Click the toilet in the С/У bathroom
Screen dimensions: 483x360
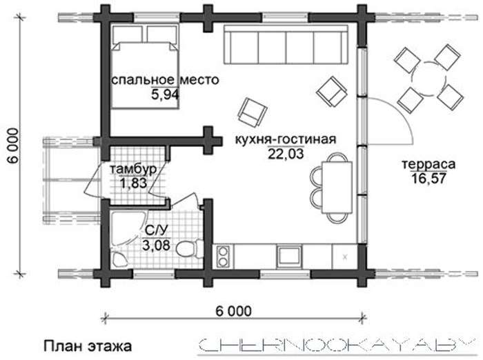(187, 248)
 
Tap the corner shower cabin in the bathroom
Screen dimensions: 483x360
(126, 228)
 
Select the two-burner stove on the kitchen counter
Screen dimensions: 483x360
(223, 257)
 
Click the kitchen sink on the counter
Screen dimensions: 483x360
(289, 257)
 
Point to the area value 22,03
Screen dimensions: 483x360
(286, 154)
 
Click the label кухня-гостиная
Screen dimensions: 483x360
(286, 139)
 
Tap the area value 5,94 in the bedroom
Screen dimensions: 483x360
(165, 94)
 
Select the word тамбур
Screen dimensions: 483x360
(133, 170)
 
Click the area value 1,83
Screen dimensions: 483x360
(133, 183)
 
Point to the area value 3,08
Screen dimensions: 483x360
(156, 245)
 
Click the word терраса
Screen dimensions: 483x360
(428, 164)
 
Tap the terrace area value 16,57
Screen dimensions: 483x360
(428, 179)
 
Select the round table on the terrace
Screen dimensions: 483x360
(428, 78)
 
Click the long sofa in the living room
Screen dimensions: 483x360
(286, 45)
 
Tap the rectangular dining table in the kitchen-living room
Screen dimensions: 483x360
(337, 187)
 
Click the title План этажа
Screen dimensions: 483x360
(88, 346)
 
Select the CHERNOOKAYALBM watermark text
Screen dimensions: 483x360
(337, 345)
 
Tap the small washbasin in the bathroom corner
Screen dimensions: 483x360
(119, 259)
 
